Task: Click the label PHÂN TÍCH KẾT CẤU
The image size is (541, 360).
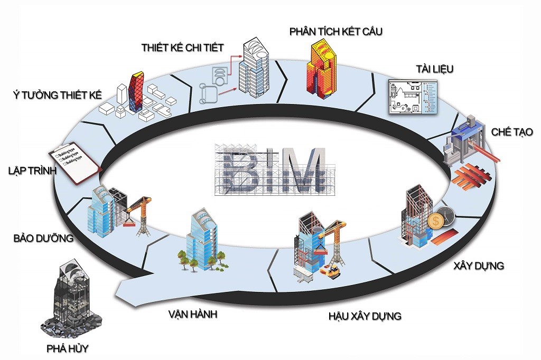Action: coord(335,32)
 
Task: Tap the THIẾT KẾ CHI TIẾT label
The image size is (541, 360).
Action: coord(183,48)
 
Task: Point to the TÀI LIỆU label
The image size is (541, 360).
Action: coord(434,70)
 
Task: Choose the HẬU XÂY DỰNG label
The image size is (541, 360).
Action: coord(365,316)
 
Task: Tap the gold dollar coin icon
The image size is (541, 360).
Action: coord(435,221)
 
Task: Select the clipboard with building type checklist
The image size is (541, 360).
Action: coord(73,162)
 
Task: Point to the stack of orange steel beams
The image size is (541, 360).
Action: coord(471,176)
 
